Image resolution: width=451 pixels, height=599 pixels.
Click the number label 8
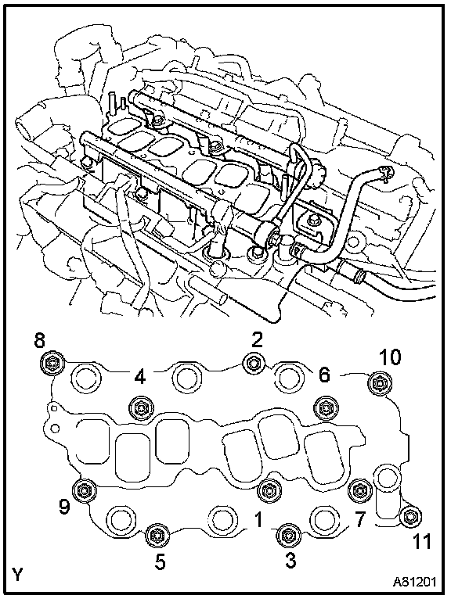tap(40, 341)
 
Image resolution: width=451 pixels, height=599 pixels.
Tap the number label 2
tap(257, 339)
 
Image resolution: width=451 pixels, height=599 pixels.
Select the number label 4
tap(140, 378)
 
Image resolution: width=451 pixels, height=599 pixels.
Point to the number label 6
tap(323, 375)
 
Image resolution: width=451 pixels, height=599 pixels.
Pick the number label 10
tap(390, 357)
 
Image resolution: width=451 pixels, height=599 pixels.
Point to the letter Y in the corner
tap(18, 575)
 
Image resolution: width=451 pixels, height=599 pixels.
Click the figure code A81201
tap(414, 582)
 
